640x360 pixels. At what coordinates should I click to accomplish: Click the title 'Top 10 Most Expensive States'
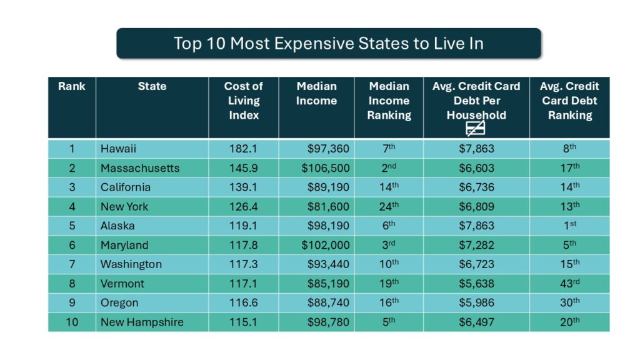click(328, 43)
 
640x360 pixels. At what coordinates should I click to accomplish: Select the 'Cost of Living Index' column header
click(243, 101)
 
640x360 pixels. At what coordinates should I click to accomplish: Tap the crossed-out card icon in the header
click(476, 129)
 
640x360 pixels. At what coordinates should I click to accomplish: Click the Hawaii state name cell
click(118, 149)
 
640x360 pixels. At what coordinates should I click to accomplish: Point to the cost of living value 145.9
click(243, 168)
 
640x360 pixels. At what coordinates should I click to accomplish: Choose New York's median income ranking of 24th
click(388, 206)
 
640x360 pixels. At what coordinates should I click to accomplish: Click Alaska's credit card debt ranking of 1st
click(569, 226)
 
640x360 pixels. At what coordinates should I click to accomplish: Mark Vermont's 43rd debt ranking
click(569, 283)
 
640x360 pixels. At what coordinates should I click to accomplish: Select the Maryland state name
click(125, 245)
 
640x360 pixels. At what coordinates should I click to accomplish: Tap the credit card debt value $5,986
click(476, 302)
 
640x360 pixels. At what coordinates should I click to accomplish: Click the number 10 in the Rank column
click(71, 322)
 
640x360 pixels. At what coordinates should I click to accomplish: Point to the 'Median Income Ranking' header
click(389, 101)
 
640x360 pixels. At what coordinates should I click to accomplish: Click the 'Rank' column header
click(71, 86)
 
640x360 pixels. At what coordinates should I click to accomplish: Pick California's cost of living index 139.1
click(243, 187)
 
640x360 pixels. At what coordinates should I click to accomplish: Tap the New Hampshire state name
click(142, 322)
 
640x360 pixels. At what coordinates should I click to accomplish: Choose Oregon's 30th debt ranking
click(569, 302)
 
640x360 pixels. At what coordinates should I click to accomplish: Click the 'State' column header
click(152, 86)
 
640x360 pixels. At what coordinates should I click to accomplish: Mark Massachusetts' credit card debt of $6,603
click(476, 168)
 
